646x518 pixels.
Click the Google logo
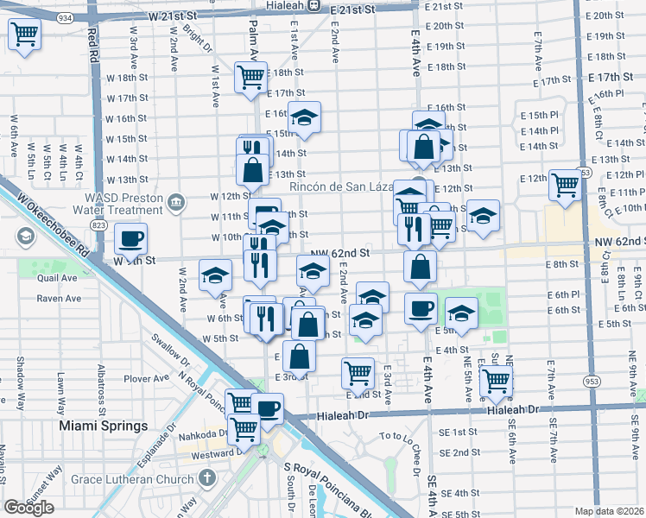tap(28, 507)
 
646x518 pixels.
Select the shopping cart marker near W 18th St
tap(250, 76)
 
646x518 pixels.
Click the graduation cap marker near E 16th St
tap(304, 117)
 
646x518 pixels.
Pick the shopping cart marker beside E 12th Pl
tap(565, 184)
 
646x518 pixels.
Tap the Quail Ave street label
tap(58, 278)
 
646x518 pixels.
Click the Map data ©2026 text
tap(609, 511)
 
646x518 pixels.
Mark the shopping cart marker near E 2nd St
tap(358, 372)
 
